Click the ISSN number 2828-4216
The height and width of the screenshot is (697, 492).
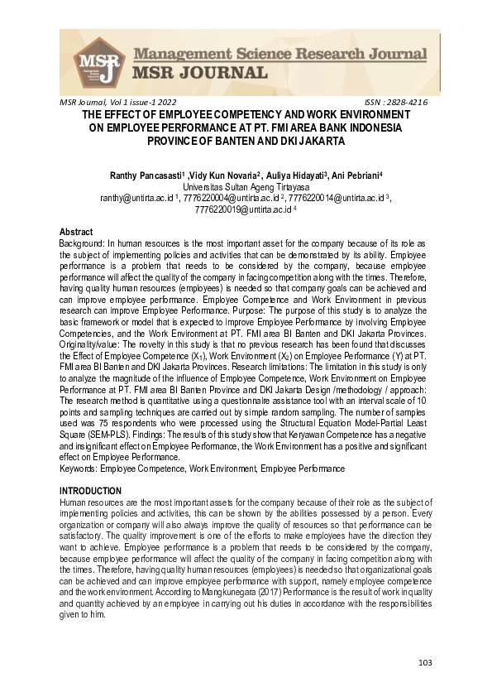coord(408,101)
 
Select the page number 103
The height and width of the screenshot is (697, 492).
coord(426,662)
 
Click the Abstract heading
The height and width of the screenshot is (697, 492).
coord(76,232)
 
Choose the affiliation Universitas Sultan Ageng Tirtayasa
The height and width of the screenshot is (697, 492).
coord(246,187)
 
